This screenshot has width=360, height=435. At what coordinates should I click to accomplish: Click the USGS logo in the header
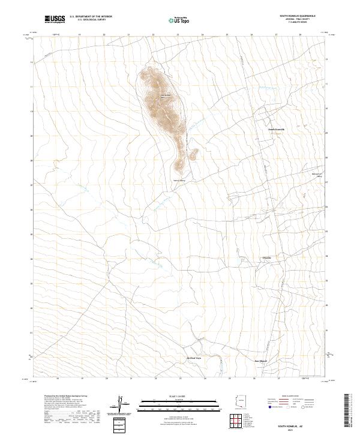(55, 20)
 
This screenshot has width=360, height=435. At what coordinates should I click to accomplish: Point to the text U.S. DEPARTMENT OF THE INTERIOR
(91, 17)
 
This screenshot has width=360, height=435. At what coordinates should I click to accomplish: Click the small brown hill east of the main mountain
(193, 154)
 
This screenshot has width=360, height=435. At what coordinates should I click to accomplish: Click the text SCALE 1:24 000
(179, 395)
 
